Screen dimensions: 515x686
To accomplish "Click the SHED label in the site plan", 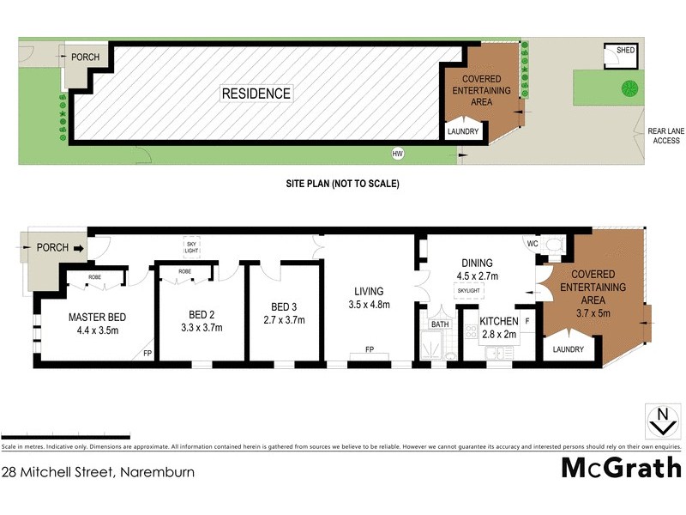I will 626,51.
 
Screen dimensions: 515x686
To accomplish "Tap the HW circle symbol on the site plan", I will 397,154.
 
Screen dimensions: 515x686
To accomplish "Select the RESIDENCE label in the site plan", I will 256,94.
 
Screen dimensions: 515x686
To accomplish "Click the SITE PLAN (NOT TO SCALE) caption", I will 343,184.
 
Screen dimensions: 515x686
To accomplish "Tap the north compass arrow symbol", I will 661,421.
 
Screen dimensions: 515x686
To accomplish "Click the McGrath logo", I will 621,468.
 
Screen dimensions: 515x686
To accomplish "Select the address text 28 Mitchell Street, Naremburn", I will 98,471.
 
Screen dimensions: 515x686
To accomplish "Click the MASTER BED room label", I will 97,317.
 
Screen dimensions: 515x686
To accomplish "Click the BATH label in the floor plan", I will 439,324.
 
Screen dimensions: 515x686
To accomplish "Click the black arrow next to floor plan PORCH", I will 80,248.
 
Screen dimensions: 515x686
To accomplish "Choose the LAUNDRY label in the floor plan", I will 568,349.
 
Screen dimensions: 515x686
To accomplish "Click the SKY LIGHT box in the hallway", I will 191,246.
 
